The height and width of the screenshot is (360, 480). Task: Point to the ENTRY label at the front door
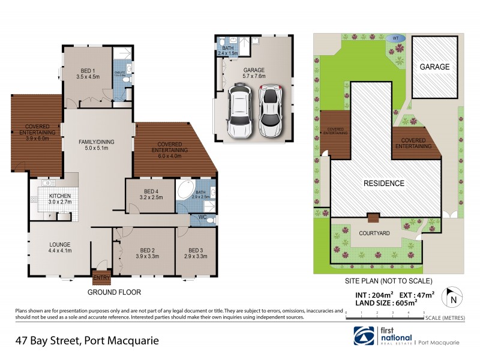coord(101,278)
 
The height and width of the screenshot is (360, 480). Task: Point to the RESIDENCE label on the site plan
coord(382,183)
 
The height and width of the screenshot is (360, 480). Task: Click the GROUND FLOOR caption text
coord(114,293)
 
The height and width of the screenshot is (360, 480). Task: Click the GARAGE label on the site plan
coord(434,67)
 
